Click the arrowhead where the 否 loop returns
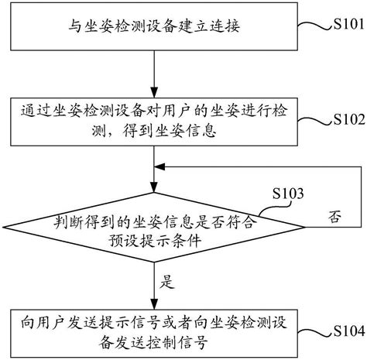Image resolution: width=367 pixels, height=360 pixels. click(162, 166)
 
